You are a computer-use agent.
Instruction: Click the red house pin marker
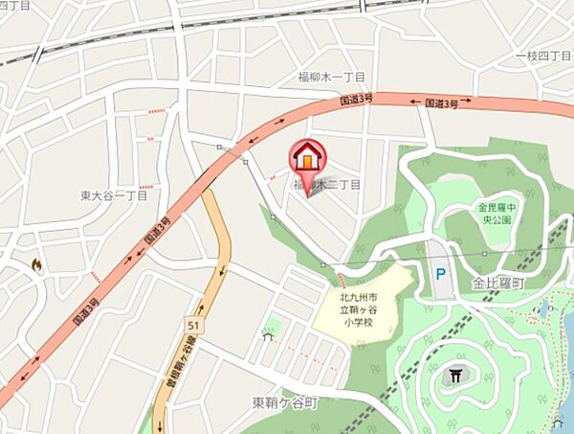tap(307, 157)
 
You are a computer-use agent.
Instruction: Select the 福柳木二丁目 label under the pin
tap(328, 184)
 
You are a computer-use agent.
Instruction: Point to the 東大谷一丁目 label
tap(114, 195)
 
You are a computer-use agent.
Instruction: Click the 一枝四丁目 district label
tap(541, 57)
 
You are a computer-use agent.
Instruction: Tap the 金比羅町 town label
tap(499, 285)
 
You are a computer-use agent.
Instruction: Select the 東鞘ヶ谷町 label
tap(284, 402)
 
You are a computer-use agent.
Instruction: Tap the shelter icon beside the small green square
tap(267, 336)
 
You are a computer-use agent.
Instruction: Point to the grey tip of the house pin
tap(312, 192)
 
